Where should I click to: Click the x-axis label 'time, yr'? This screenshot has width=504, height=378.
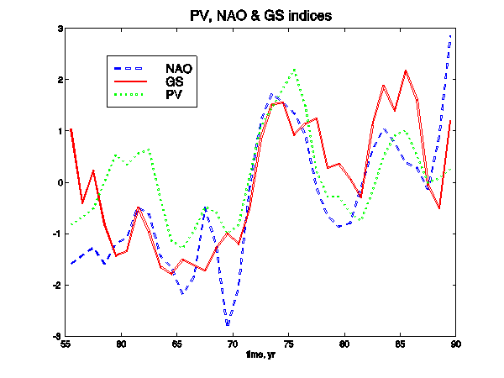pyautogui.click(x=260, y=356)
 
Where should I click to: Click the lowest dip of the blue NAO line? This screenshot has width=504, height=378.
pyautogui.click(x=227, y=324)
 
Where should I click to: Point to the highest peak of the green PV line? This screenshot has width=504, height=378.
pyautogui.click(x=295, y=70)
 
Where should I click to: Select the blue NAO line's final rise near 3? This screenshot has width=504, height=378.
pyautogui.click(x=451, y=38)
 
